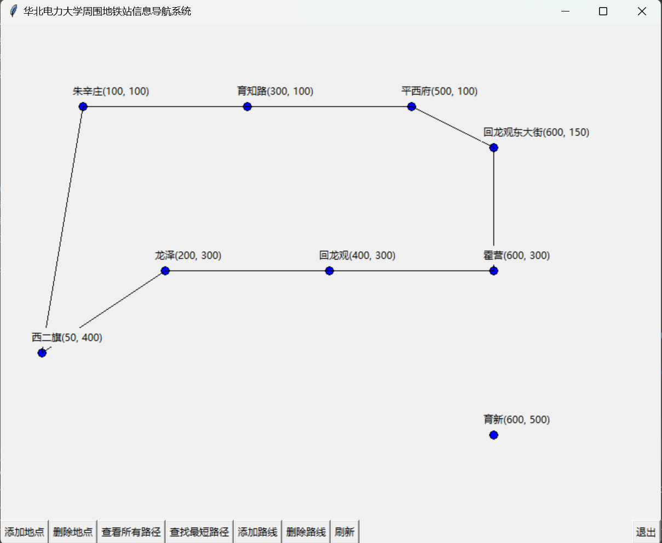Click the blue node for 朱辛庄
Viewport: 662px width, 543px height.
[x=83, y=107]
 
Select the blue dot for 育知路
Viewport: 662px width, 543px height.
[x=247, y=107]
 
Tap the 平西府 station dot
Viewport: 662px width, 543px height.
[x=412, y=107]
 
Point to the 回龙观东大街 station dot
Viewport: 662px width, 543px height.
[x=494, y=148]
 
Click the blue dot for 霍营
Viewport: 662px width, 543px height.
[x=494, y=271]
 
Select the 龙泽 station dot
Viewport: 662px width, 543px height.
[x=165, y=271]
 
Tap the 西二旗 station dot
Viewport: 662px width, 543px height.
[x=42, y=353]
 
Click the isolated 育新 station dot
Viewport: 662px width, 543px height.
[x=494, y=435]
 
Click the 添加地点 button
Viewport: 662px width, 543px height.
[x=25, y=532]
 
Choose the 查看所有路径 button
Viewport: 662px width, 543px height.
[x=131, y=532]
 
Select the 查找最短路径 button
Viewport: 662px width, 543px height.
[x=199, y=532]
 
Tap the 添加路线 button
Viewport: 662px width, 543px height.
[x=257, y=532]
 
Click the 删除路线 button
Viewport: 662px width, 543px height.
[x=306, y=532]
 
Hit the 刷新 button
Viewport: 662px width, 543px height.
[x=344, y=532]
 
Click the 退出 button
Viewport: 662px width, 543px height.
[x=646, y=532]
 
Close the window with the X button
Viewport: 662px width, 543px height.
[x=642, y=11]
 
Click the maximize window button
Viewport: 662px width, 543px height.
[x=603, y=11]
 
